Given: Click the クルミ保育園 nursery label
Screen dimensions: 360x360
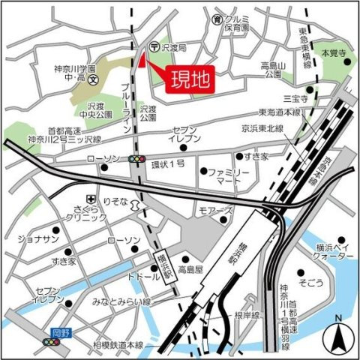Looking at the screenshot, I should (239, 22).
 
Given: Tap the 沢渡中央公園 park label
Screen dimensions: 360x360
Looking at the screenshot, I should (98, 111).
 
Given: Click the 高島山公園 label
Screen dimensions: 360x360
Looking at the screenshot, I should (271, 70).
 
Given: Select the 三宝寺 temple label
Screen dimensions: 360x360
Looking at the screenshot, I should (290, 97).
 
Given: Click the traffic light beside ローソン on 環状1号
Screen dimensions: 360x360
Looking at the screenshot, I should (136, 159).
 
